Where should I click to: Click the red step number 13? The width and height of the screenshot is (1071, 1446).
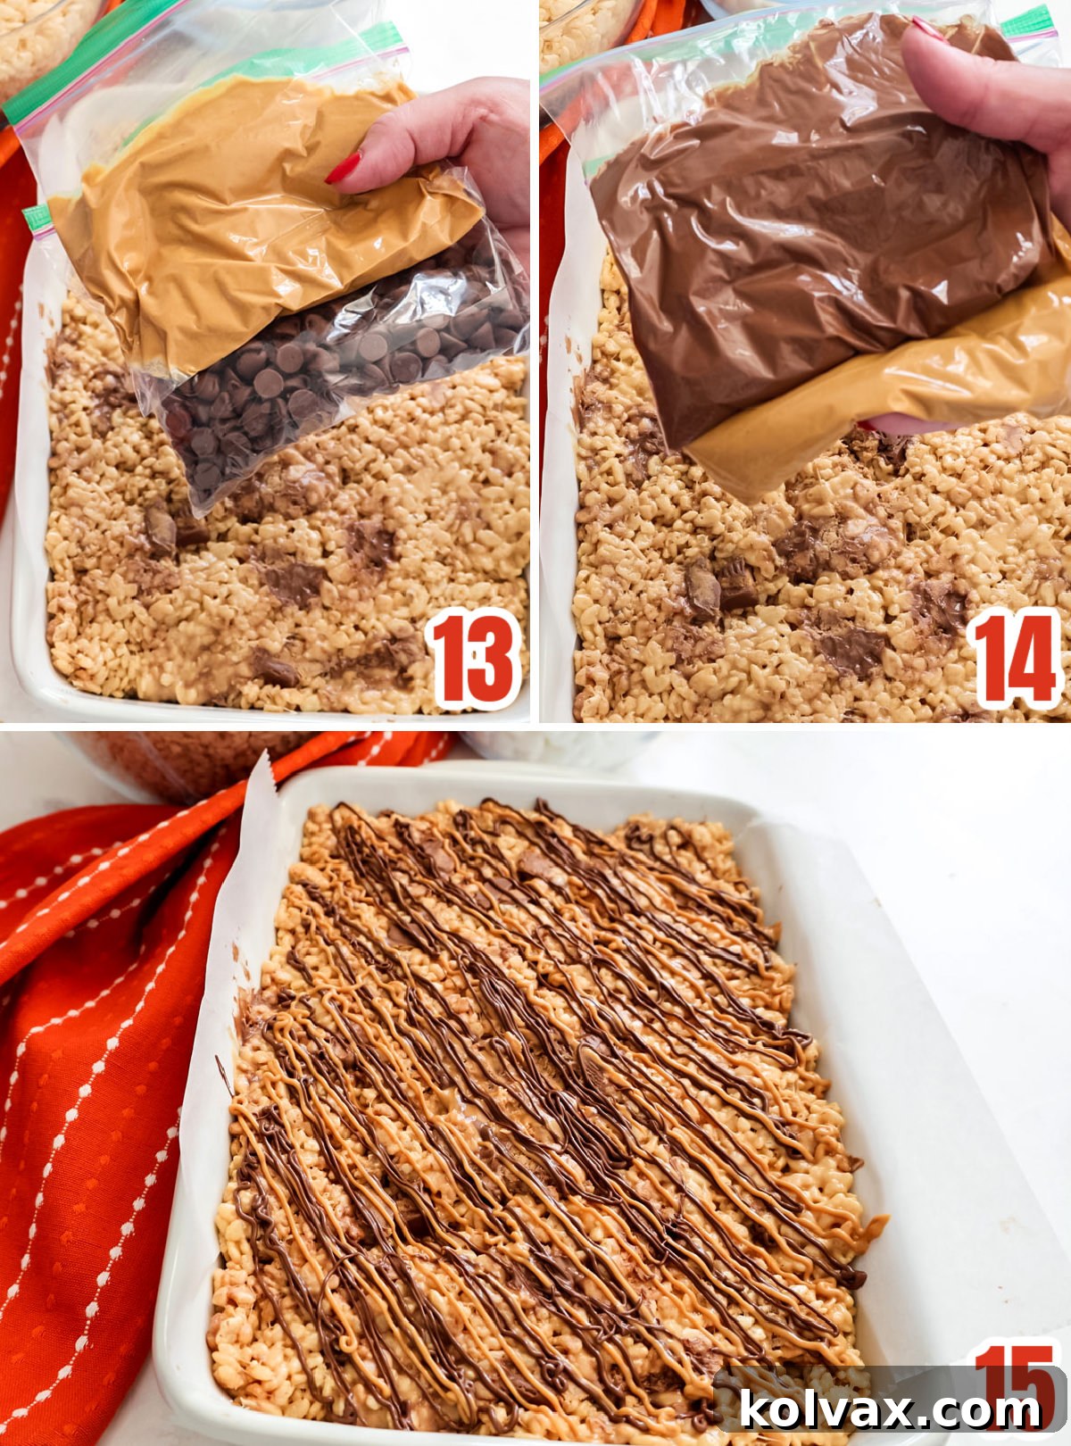(x=473, y=660)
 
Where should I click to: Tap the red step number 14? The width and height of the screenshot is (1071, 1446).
(x=1016, y=660)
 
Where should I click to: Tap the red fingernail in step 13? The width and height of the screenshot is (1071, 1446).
(x=343, y=168)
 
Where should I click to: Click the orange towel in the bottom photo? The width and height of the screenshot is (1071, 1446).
(x=98, y=1026)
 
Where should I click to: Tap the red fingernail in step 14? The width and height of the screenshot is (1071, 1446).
(x=928, y=31)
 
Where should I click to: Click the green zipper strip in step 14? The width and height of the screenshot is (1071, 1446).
(x=1026, y=22)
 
